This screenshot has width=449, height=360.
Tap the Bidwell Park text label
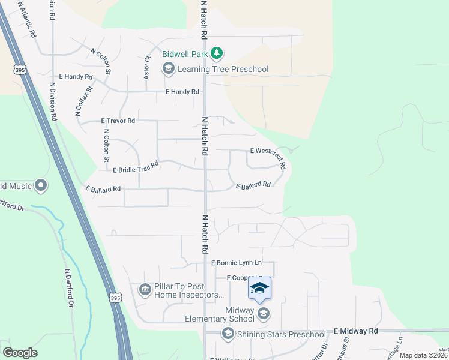pos(185,54)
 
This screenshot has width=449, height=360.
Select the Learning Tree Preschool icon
pos(168,69)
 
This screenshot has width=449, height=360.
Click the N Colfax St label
pos(84,101)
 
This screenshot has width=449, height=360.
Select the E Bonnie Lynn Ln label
pos(237,263)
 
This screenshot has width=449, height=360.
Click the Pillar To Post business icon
pos(145,290)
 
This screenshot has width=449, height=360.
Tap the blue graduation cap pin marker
pos(259,290)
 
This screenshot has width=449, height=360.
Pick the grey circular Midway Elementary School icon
pos(263,313)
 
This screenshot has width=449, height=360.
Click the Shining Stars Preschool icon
pos(228,334)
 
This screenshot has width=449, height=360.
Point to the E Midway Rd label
pos(356,331)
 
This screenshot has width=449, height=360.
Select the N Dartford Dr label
pos(70,288)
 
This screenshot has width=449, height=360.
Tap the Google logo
pos(20,353)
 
